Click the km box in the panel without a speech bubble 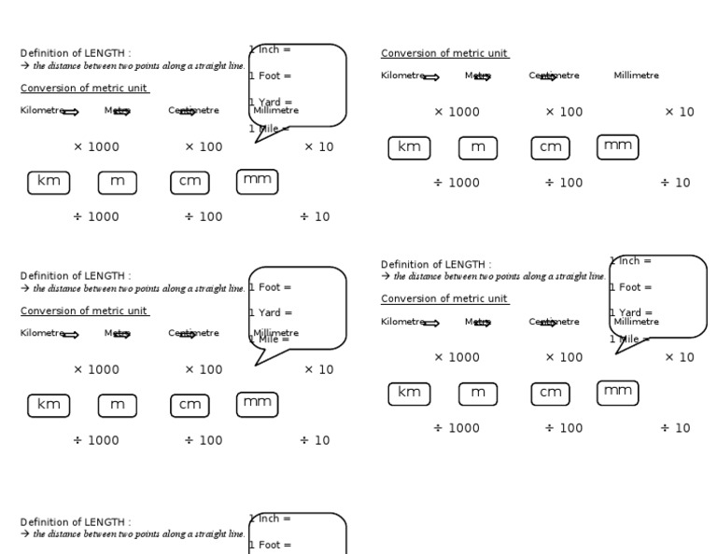coord(409,147)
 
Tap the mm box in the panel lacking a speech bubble coord(618,145)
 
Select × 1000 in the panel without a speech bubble coord(457,112)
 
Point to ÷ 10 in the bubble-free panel coord(675,183)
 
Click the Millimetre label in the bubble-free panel coord(636,76)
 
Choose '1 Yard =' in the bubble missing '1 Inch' coord(271,313)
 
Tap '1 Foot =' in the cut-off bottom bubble coord(271,545)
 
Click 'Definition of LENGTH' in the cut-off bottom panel coord(76,522)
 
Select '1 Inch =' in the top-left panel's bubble coord(271,49)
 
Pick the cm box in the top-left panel coord(190,182)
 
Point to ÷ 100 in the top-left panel coord(203,217)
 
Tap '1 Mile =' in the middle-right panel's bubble coord(630,339)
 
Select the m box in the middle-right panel coord(478,393)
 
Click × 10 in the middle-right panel coord(679,357)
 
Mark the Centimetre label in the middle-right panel coord(554,322)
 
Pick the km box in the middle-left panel coord(49,405)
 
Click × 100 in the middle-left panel coord(204,370)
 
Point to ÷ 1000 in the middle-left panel coord(96,440)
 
